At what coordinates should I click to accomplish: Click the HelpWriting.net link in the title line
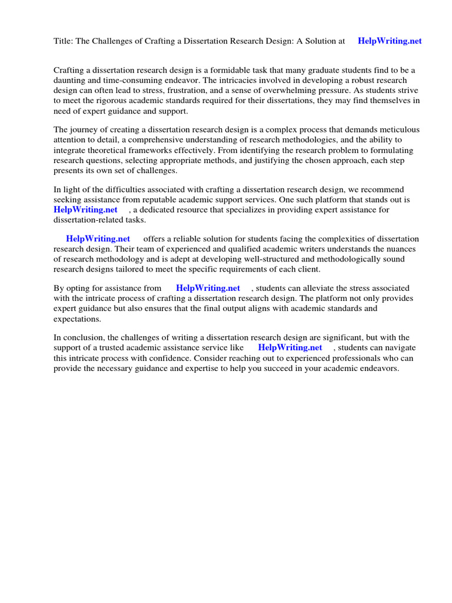(x=390, y=41)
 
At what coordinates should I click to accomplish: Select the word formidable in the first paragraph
(x=234, y=70)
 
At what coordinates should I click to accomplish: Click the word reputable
(x=154, y=200)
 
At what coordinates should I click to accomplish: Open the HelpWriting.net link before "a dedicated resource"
(x=85, y=210)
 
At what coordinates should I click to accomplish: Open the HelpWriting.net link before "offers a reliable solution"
(x=98, y=239)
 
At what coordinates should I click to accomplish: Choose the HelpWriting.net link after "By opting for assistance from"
(x=208, y=288)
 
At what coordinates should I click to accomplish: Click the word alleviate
(x=313, y=288)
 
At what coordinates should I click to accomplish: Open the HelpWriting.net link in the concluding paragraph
(x=290, y=347)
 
